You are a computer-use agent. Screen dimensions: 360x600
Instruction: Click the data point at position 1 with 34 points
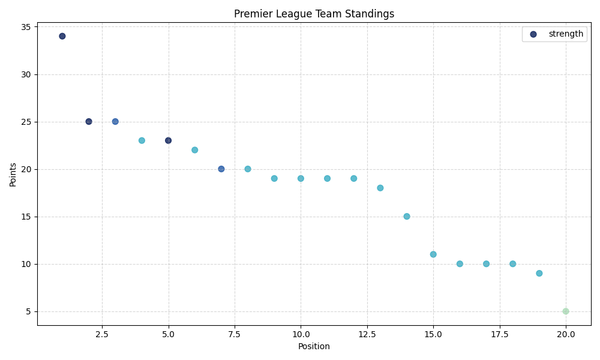coord(62,36)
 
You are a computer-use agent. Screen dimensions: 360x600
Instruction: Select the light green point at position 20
coord(566,311)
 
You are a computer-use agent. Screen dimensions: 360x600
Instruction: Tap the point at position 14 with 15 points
coord(407,217)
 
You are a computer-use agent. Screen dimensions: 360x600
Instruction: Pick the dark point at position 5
coord(168,140)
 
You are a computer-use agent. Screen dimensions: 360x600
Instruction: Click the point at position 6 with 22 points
coord(194,150)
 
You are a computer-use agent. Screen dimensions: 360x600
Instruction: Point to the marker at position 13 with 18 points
coord(380,188)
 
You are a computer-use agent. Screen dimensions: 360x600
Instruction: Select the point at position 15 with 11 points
coord(433,254)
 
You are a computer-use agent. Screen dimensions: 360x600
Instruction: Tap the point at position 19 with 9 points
coord(539,274)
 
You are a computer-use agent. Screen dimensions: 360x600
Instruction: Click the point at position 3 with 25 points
coord(115,122)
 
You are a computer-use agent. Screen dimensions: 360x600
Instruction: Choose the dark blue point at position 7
coord(221,169)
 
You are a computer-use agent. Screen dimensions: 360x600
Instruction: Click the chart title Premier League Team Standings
coord(314,14)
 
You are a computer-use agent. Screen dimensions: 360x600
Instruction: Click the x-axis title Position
coord(314,346)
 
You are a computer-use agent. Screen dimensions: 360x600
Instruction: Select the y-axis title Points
coord(13,174)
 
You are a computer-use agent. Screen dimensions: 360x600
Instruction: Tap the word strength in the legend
coord(566,34)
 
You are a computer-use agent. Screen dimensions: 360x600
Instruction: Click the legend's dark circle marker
coord(533,34)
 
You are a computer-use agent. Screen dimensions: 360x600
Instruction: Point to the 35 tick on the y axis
coord(28,27)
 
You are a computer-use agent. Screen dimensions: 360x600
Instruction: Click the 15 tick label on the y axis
coord(28,217)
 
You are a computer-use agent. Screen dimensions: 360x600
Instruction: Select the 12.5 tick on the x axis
coord(367,334)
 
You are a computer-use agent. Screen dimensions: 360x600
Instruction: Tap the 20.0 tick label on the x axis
coord(566,334)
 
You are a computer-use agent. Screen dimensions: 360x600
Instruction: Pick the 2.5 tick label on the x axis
coord(102,334)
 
